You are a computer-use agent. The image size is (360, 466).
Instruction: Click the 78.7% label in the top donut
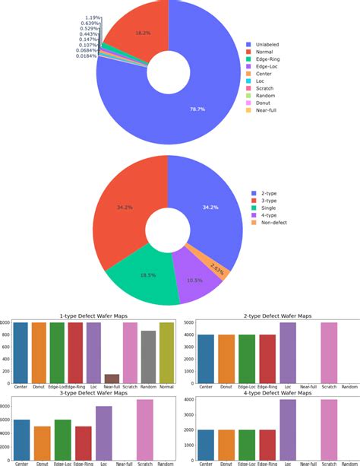(197, 109)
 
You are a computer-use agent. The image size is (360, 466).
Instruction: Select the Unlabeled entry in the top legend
(269, 44)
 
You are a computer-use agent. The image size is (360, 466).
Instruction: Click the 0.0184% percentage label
(86, 56)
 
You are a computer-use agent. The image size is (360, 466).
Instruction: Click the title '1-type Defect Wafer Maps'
(93, 315)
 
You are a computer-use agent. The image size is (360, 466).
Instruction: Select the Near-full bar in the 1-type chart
(112, 379)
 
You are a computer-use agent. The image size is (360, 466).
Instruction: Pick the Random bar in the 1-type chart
(148, 357)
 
